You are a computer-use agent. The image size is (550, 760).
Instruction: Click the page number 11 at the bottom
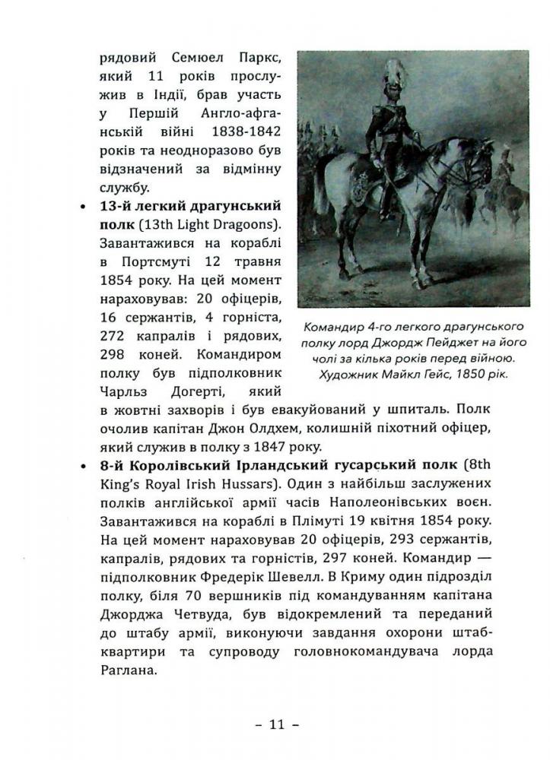(x=275, y=724)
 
